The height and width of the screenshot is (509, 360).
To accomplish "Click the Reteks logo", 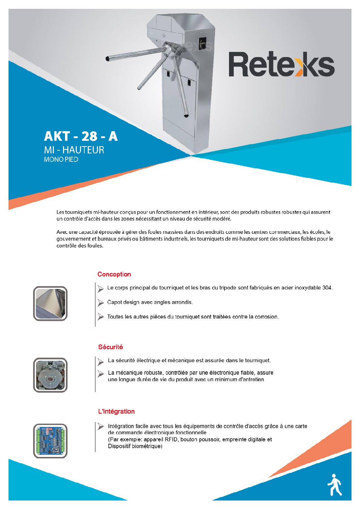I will [281, 64].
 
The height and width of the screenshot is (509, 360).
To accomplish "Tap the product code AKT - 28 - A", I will [81, 136].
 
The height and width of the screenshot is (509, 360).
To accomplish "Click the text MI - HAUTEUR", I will [74, 150].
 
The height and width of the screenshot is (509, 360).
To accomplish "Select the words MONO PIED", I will [61, 159].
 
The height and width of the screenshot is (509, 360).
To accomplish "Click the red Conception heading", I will [114, 274].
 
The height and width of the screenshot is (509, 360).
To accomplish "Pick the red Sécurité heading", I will [110, 347].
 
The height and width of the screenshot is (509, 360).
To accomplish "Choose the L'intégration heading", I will [116, 411].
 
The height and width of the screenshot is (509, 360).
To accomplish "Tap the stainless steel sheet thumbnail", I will [50, 304].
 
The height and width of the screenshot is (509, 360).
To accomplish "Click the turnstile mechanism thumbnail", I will [50, 375].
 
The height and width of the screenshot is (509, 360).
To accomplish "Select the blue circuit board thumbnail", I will [50, 441].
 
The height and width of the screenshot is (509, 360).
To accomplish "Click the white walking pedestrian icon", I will [334, 485].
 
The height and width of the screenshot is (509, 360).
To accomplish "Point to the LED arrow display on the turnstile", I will [203, 43].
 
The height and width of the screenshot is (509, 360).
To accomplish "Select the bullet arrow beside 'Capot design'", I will [100, 302].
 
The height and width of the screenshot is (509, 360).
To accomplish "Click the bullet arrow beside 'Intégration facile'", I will [100, 426].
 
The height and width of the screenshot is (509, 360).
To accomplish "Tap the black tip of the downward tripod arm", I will [186, 116].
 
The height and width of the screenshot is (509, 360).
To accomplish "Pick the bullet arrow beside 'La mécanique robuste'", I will [100, 374].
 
